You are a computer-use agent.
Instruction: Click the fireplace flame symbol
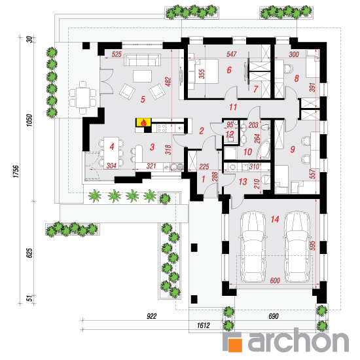pyautogui.click(x=144, y=122)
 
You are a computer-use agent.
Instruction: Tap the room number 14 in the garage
pyautogui.click(x=275, y=219)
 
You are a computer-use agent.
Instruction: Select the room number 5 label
pyautogui.click(x=143, y=99)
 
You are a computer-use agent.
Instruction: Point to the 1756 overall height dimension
pyautogui.click(x=16, y=171)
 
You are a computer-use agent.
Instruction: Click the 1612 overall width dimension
pyautogui.click(x=204, y=325)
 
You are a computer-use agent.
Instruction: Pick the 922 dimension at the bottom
pyautogui.click(x=152, y=316)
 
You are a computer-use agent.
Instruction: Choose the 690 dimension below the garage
pyautogui.click(x=274, y=316)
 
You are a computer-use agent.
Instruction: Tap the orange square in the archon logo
pyautogui.click(x=235, y=345)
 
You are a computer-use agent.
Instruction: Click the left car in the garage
pyautogui.click(x=253, y=247)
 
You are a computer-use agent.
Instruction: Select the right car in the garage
pyautogui.click(x=297, y=247)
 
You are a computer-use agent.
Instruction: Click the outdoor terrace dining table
pyautogui.click(x=82, y=98)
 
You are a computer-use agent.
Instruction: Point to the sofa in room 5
pyautogui.click(x=142, y=60)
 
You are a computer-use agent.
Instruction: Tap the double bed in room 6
pyautogui.click(x=203, y=74)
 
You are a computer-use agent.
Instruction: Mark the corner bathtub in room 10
pyautogui.click(x=264, y=149)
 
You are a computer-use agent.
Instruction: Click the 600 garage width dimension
pyautogui.click(x=275, y=280)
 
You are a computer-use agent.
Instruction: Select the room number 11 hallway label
pyautogui.click(x=233, y=107)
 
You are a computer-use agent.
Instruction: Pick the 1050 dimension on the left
pyautogui.click(x=29, y=120)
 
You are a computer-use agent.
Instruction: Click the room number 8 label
pyautogui.click(x=297, y=79)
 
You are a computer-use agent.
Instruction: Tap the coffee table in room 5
pyautogui.click(x=142, y=76)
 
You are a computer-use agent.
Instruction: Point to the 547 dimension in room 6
pyautogui.click(x=232, y=54)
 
